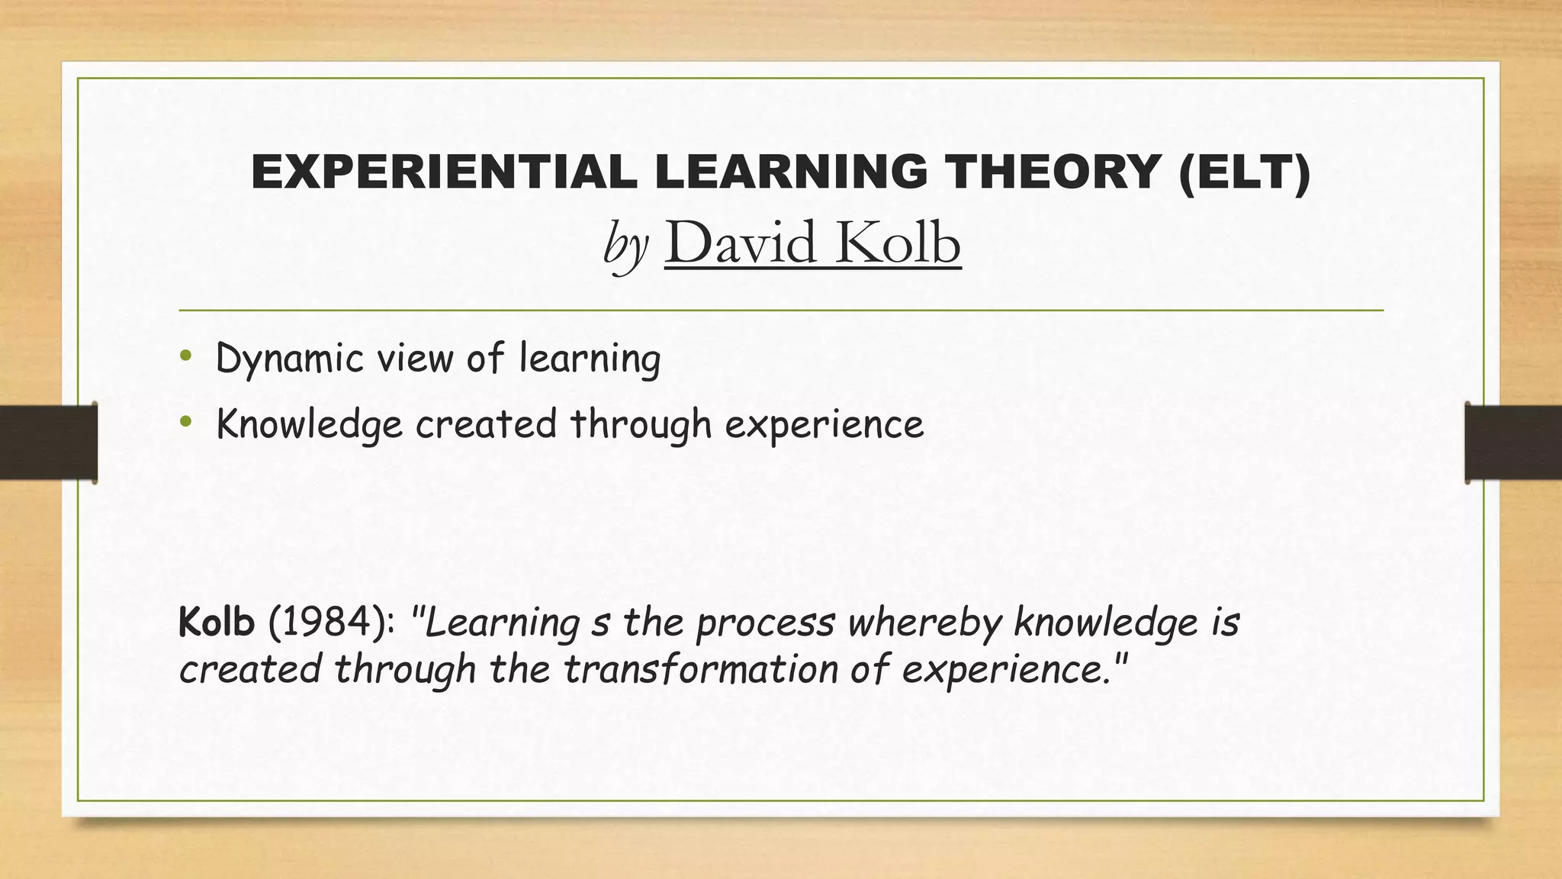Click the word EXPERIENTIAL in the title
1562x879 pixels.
[x=444, y=172]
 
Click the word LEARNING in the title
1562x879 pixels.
[x=791, y=172]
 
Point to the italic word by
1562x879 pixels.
[x=625, y=246]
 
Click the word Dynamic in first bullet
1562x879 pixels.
[x=290, y=358]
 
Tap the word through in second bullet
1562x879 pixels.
[x=641, y=424]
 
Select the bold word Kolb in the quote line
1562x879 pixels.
[x=216, y=622]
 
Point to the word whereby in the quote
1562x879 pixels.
[x=924, y=623]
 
